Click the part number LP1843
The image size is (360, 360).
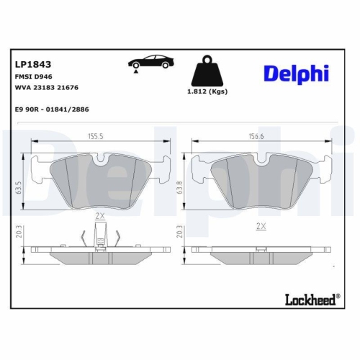click(30, 63)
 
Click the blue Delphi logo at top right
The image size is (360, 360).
click(295, 73)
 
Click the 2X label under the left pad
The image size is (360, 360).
click(100, 215)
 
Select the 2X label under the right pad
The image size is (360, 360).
click(261, 226)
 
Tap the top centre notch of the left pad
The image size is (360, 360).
click(101, 158)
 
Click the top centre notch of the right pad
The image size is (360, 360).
click(260, 158)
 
